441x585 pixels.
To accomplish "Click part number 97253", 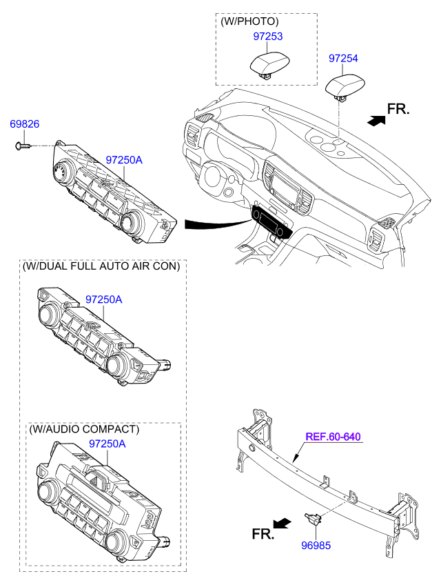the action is coord(267,36).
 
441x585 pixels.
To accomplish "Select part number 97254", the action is coord(343,58).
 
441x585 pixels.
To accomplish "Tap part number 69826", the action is coord(24,123).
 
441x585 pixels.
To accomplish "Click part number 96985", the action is coord(316,545).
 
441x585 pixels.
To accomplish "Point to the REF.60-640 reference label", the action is coord(333,436).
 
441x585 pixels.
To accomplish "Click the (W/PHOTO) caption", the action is coord(249,21).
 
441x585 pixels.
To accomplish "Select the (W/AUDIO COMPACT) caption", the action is coord(84,429).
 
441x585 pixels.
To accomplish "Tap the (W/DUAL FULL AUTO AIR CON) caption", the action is coord(101,266).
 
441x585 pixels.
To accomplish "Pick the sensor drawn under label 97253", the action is coord(269,65).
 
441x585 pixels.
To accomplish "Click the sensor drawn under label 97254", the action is coord(345,87).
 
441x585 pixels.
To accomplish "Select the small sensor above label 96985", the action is coord(312,518).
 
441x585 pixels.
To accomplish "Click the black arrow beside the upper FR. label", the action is coord(376,120).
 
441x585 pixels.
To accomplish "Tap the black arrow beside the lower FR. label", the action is coord(282,523).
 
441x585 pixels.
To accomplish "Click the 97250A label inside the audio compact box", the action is coord(107,444).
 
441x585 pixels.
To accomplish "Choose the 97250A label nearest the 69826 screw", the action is coord(124,159).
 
